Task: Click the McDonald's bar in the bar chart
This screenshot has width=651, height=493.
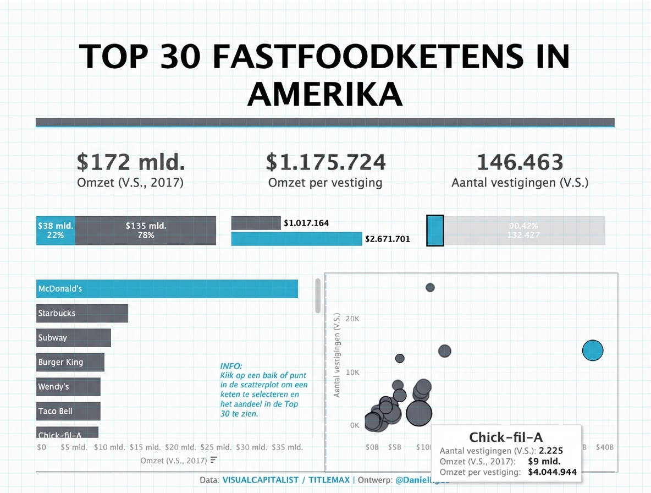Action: click(167, 289)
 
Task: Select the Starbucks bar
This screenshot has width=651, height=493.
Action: click(82, 313)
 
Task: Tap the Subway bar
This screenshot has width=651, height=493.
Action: click(74, 338)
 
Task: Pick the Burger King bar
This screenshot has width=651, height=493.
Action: click(70, 362)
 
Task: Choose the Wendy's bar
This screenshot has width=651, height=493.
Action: click(68, 387)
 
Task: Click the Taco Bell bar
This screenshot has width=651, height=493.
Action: click(68, 411)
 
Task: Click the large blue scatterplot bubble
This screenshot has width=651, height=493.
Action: click(592, 350)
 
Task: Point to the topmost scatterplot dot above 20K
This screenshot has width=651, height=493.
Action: click(430, 287)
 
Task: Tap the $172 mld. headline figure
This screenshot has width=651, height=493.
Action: click(131, 162)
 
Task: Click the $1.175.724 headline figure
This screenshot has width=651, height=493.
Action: click(325, 162)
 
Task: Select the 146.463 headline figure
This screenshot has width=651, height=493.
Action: click(520, 162)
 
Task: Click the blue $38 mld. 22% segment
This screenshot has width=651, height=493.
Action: click(56, 230)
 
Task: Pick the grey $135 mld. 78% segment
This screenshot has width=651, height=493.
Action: click(146, 230)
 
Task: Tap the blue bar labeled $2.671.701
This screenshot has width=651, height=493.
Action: click(296, 239)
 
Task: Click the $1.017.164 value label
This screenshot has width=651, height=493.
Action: click(306, 223)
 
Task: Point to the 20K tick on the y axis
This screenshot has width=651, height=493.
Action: click(353, 319)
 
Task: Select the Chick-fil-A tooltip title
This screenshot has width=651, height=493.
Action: click(506, 437)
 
